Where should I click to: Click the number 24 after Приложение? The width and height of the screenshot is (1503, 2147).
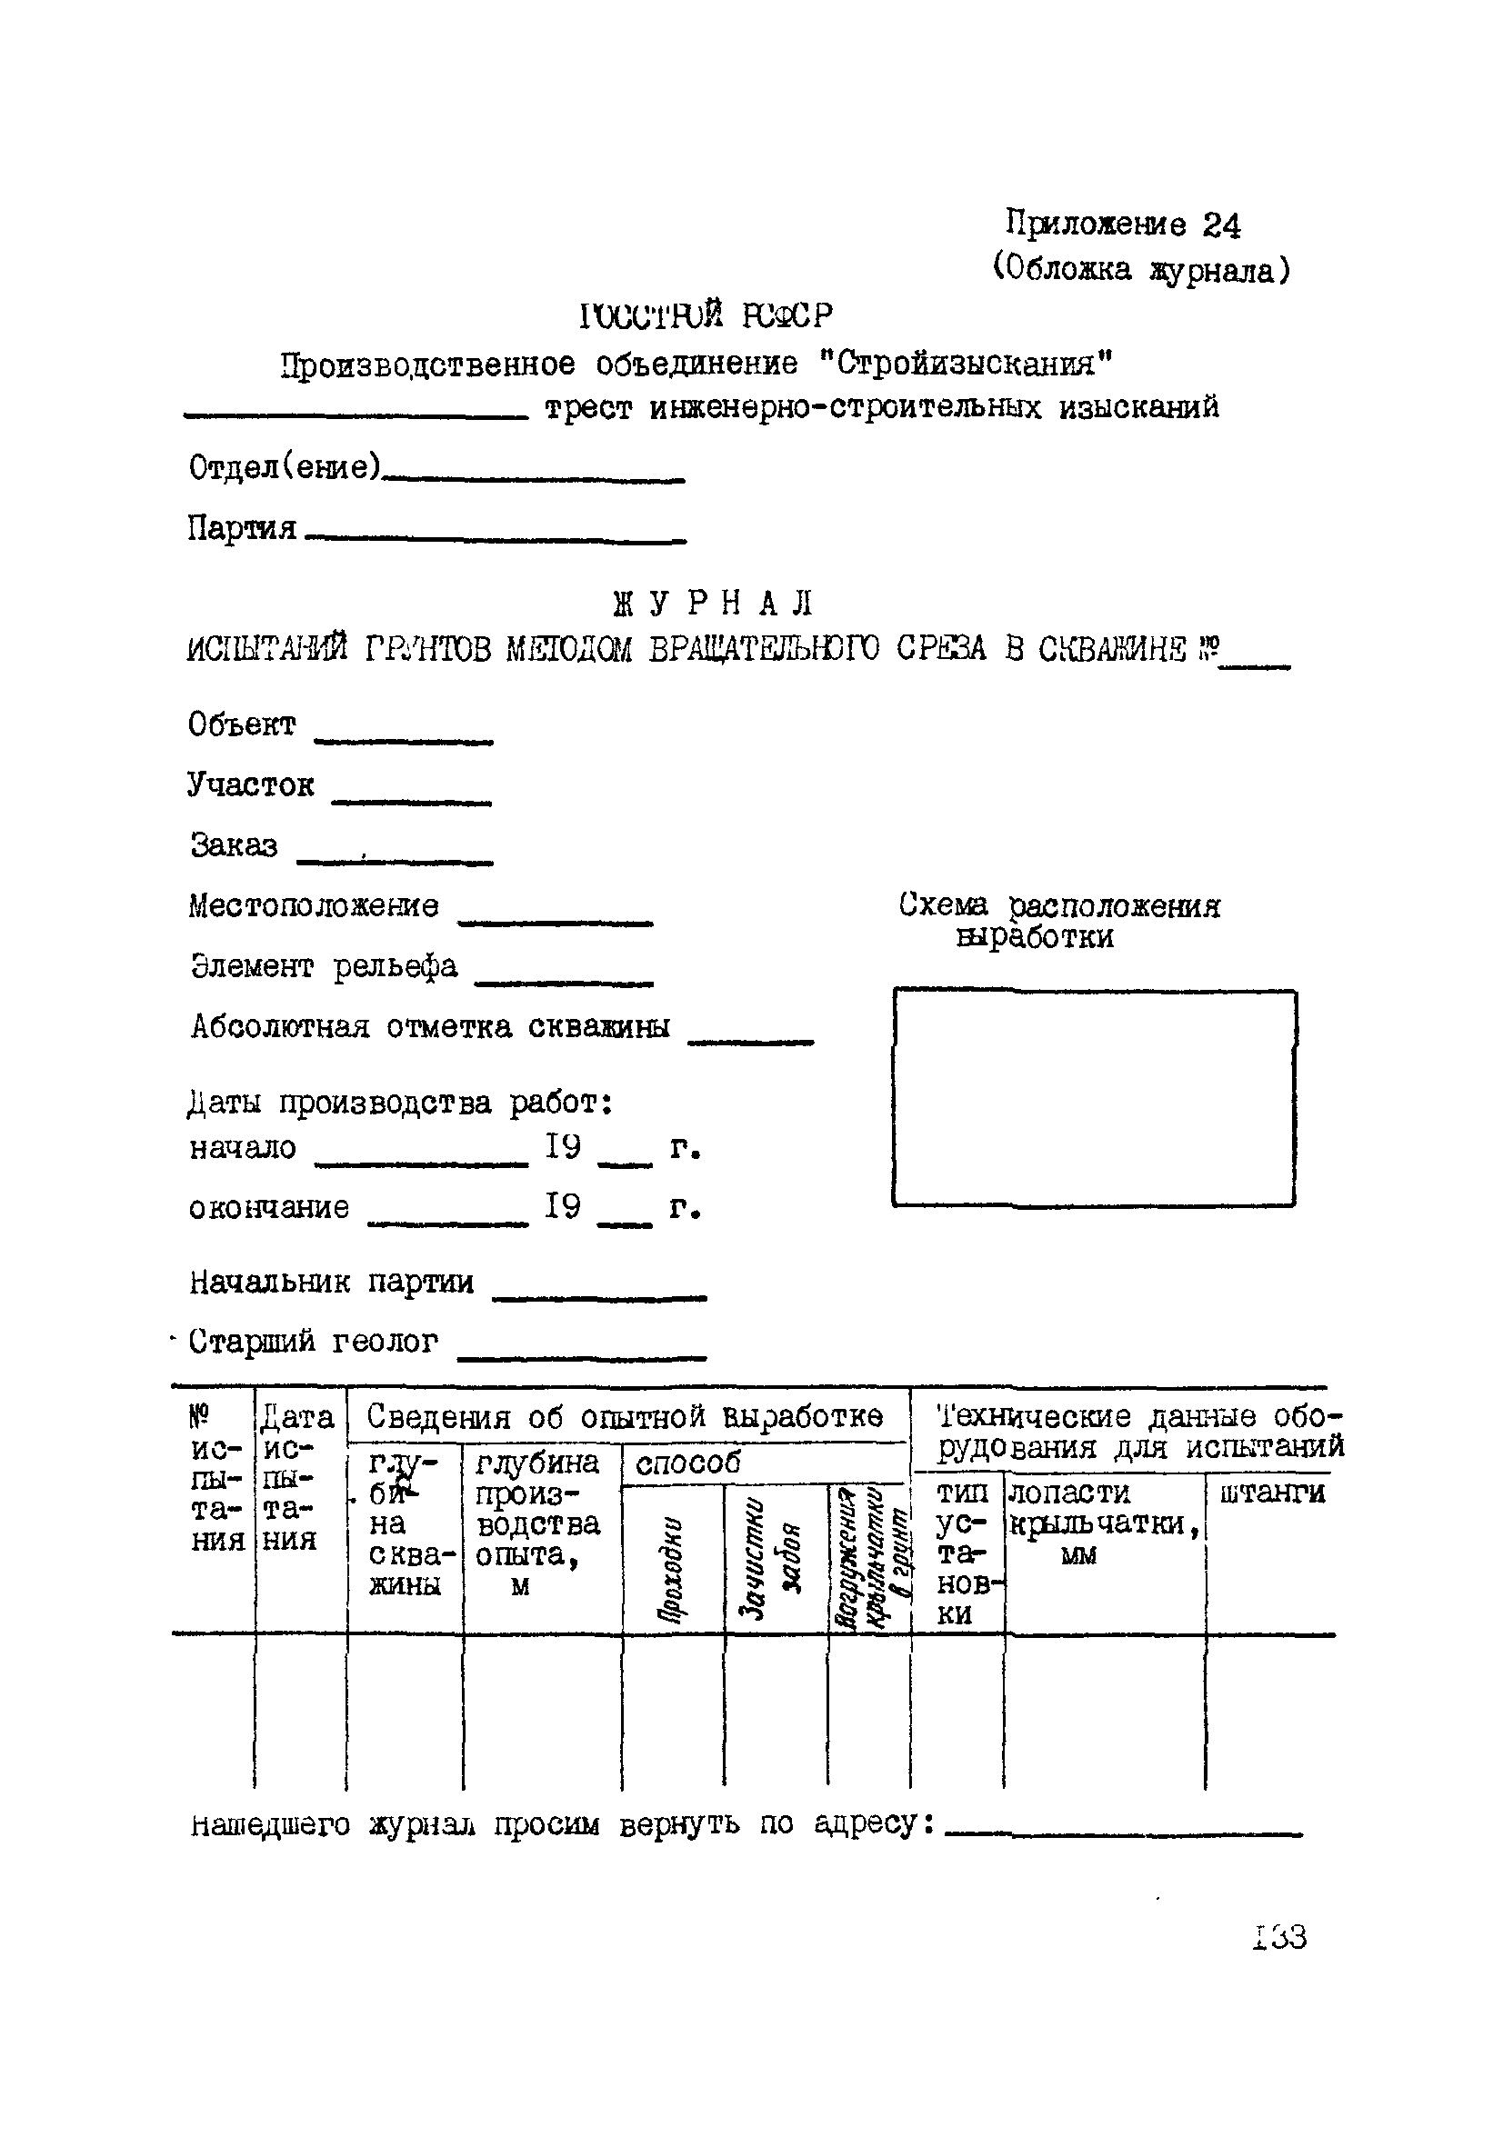tap(1221, 225)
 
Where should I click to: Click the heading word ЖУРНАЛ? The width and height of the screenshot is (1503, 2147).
tap(713, 604)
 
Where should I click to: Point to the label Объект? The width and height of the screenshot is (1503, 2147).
tap(242, 724)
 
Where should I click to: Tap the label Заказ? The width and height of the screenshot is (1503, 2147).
tap(235, 845)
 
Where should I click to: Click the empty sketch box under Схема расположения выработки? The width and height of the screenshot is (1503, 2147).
tap(1093, 1097)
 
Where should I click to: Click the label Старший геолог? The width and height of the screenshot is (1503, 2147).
tap(314, 1342)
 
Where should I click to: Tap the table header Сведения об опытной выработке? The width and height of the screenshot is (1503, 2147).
tap(624, 1418)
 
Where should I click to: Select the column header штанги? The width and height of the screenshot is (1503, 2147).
tap(1272, 1493)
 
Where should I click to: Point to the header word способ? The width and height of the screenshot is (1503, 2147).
tap(687, 1463)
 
